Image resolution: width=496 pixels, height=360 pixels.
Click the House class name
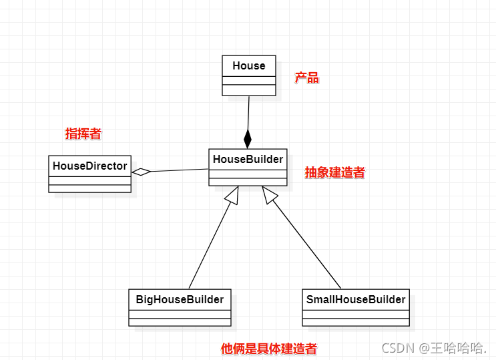248,65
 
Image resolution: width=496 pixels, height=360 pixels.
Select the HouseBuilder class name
248,159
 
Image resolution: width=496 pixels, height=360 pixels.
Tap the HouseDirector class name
89,166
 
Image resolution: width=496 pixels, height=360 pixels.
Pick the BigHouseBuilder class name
180,299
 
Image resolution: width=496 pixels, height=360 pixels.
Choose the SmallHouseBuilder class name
356,299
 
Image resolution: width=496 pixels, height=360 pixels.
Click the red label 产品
307,78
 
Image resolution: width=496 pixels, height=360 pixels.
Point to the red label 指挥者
83,134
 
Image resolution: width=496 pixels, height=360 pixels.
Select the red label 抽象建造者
334,172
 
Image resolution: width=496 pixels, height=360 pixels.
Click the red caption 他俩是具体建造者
268,349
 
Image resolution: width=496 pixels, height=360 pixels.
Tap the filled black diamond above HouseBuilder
248,139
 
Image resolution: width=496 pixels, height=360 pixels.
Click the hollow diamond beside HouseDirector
142,172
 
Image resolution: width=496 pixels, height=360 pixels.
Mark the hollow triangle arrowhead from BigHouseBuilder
231,194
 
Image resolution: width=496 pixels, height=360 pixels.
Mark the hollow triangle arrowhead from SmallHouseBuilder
270,194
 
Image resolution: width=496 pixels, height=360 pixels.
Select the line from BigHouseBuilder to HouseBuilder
208,243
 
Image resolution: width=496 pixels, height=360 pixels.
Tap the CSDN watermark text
433,348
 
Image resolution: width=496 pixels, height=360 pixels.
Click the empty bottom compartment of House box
248,90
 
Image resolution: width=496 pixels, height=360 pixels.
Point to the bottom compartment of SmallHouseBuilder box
356,321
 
